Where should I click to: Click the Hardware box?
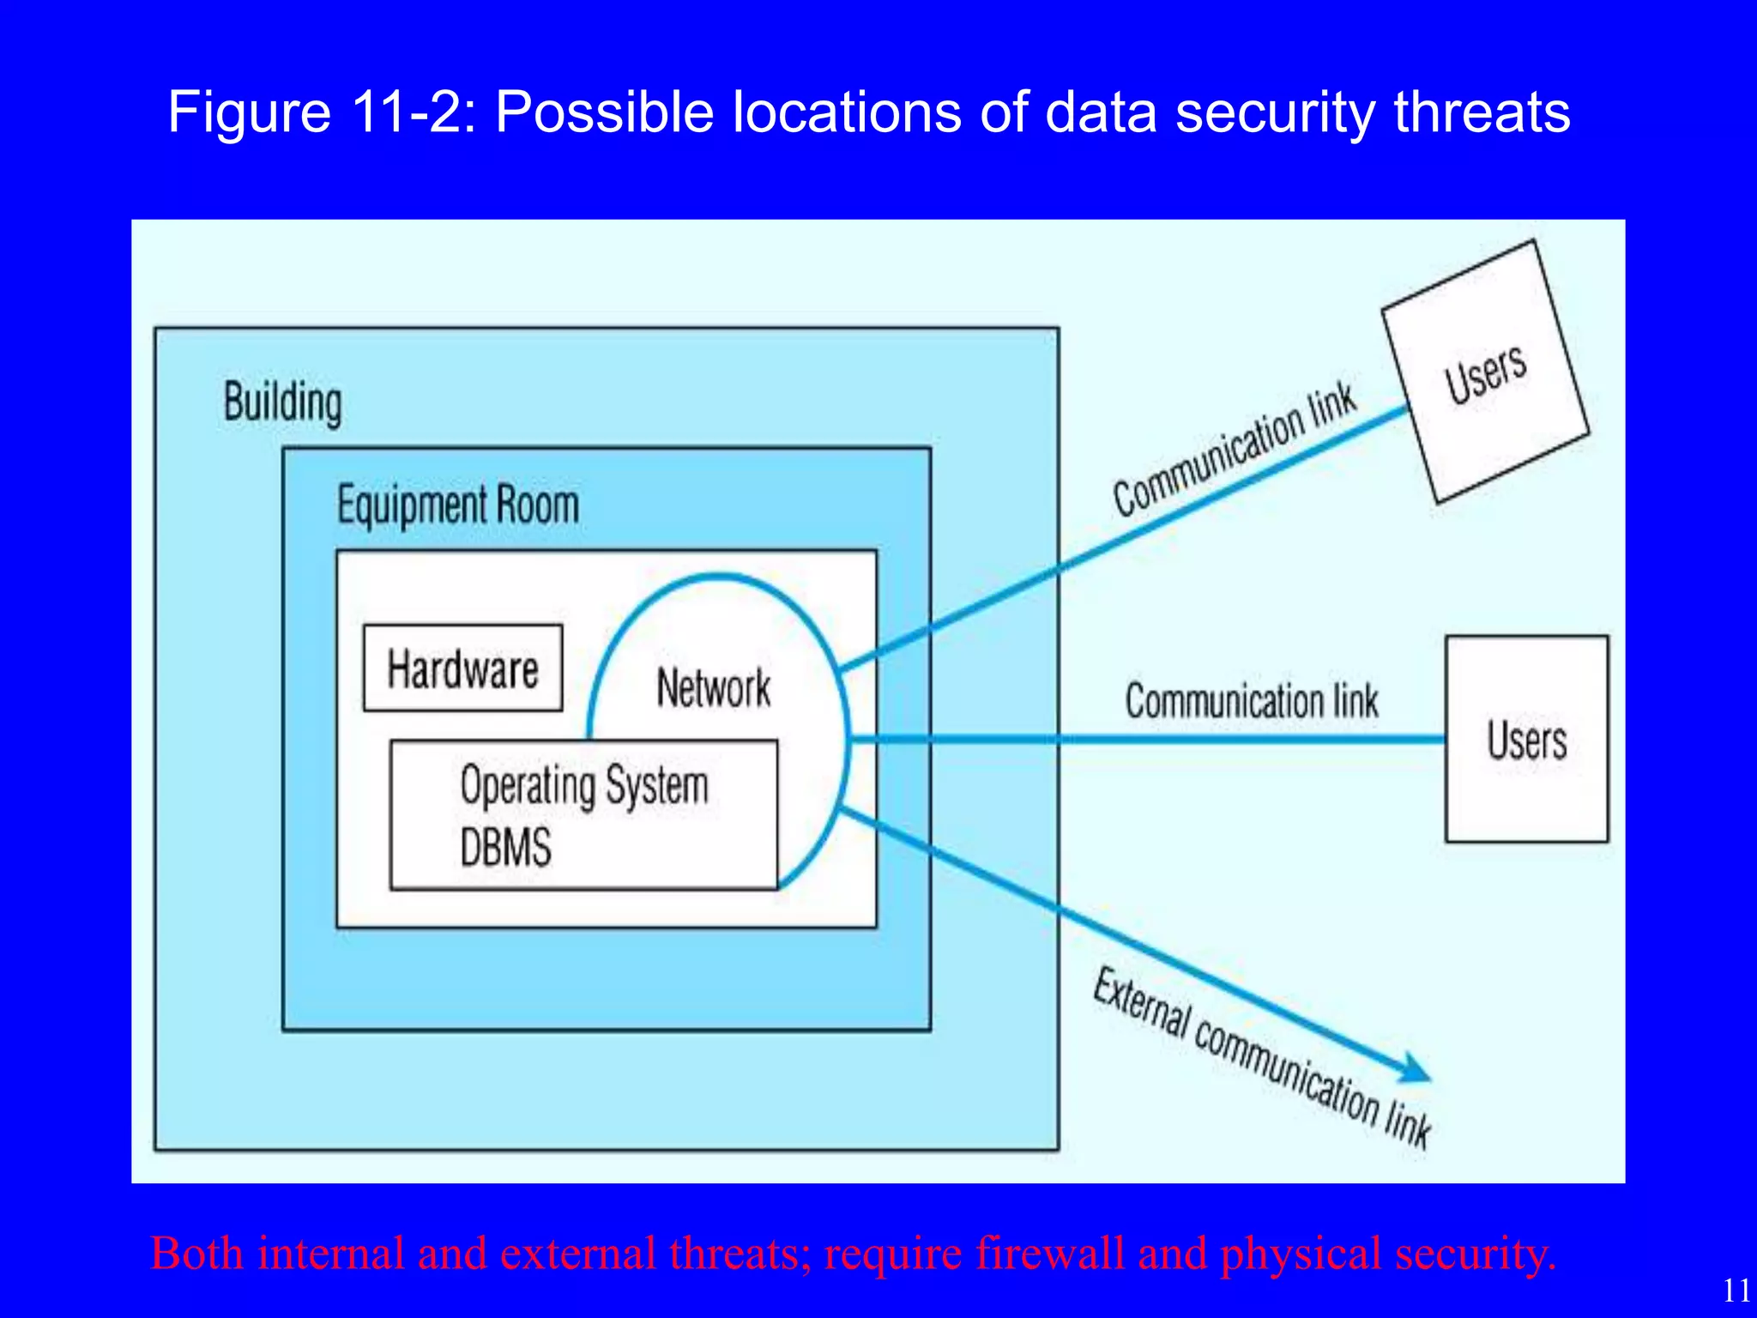tap(462, 668)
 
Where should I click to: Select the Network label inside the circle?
tap(713, 688)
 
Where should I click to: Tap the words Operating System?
tap(584, 785)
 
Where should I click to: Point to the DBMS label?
tap(505, 848)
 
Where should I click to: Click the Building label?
tap(282, 402)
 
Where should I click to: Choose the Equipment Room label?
tap(457, 505)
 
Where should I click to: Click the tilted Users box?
tap(1485, 372)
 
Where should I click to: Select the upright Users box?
tap(1526, 739)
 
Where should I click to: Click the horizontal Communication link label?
tap(1251, 701)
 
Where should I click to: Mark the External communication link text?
tap(1261, 1057)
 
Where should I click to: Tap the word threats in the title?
tap(1482, 112)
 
